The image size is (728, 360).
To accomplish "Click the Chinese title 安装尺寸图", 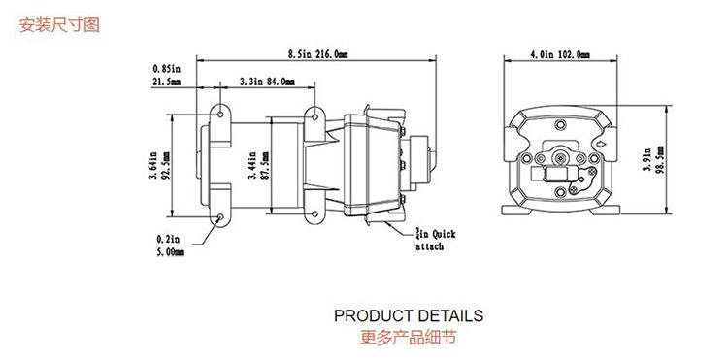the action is [59, 24].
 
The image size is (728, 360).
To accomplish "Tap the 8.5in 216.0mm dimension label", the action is [317, 54].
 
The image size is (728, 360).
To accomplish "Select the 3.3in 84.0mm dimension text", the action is [267, 82].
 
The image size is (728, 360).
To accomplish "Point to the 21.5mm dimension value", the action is [167, 82].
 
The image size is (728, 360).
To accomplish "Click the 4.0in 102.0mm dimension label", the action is [560, 54].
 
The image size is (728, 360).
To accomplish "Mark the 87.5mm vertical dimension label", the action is [265, 167].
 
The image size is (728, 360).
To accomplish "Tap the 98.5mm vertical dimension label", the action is [660, 159].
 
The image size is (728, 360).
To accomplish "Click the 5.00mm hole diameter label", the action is [170, 252].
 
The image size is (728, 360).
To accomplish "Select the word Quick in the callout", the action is [444, 234].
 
